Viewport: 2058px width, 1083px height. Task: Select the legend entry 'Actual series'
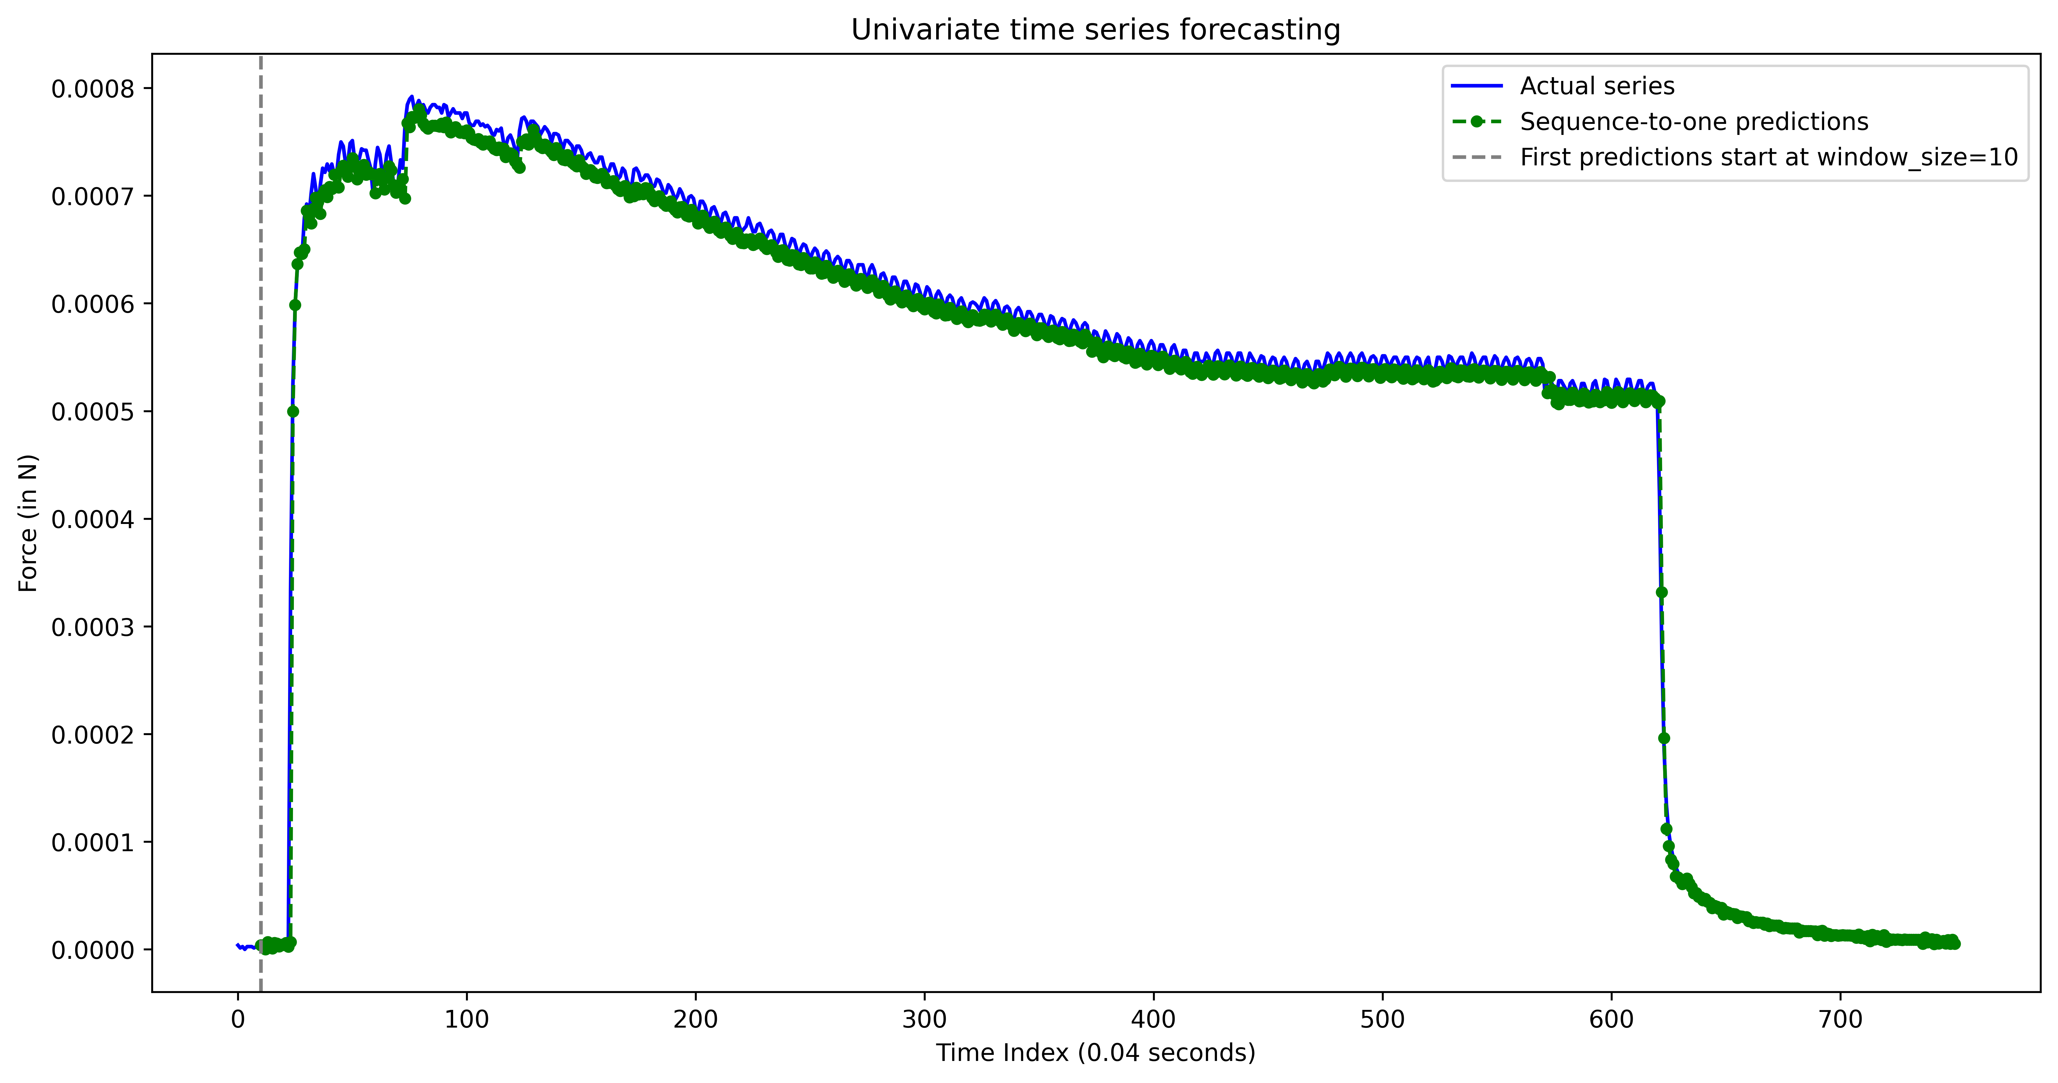1596,86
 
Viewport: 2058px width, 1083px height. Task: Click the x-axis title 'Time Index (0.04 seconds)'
1095,1053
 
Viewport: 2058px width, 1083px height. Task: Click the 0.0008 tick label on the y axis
93,89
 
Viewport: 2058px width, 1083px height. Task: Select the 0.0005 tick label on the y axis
93,412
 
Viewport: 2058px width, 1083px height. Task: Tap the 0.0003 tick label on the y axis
93,627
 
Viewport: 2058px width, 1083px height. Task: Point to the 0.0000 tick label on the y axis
93,950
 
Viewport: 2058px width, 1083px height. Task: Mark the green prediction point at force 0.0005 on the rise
292,411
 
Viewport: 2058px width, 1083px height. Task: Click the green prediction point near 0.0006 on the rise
295,304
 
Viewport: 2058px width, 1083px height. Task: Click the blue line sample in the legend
1476,86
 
